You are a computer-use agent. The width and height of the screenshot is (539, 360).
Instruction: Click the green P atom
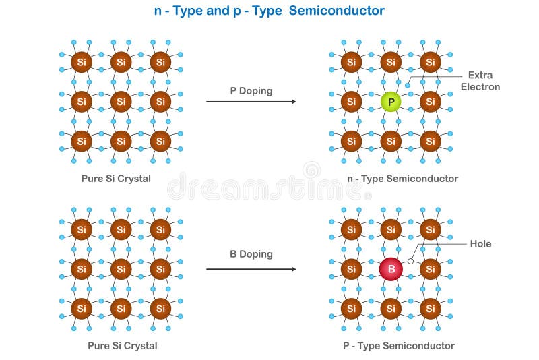click(x=390, y=102)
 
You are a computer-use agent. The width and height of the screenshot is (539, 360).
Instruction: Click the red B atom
click(x=390, y=270)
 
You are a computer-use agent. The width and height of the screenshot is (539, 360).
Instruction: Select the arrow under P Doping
click(x=251, y=102)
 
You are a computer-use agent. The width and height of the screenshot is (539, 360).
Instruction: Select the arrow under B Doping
click(x=251, y=269)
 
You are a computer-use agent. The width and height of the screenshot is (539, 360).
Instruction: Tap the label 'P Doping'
click(x=251, y=90)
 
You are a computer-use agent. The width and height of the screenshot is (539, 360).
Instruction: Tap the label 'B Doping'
click(x=251, y=254)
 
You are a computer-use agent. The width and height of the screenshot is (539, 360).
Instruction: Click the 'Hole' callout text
click(x=480, y=243)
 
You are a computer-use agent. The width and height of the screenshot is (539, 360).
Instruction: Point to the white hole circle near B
click(x=410, y=260)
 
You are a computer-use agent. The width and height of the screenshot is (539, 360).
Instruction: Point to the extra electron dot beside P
click(x=408, y=86)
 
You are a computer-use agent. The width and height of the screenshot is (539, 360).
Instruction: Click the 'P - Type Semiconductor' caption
click(x=398, y=346)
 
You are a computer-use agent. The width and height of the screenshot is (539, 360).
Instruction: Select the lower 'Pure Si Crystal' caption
click(x=122, y=346)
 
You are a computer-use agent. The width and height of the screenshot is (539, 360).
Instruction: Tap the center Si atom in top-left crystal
click(x=121, y=102)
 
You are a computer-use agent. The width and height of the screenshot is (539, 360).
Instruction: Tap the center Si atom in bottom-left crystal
click(x=121, y=269)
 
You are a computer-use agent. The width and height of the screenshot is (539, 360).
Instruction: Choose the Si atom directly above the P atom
click(x=390, y=63)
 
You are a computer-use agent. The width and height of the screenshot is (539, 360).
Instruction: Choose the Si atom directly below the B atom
click(x=390, y=309)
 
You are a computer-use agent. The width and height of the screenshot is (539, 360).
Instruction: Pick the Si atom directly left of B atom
click(x=350, y=270)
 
